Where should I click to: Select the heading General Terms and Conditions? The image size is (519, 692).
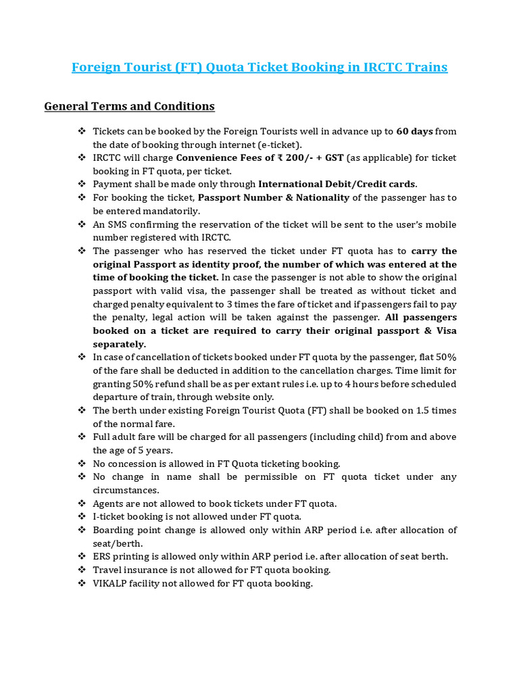click(x=129, y=106)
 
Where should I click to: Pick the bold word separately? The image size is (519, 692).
click(x=120, y=343)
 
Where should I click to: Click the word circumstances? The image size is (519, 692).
click(x=126, y=490)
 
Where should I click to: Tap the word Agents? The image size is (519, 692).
click(x=109, y=503)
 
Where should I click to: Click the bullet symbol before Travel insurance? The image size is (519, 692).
click(x=82, y=570)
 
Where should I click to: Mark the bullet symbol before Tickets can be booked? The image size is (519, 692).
click(x=82, y=130)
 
